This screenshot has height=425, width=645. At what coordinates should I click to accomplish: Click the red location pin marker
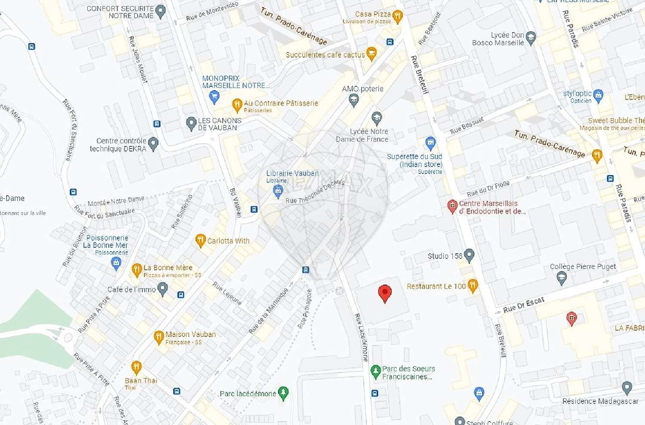[384, 294]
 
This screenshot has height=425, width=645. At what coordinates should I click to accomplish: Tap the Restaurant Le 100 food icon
[472, 285]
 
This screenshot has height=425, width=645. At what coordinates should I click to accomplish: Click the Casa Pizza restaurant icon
[397, 16]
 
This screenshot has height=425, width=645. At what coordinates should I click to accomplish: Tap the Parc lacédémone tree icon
[283, 392]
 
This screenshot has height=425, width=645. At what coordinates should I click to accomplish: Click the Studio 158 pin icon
[469, 255]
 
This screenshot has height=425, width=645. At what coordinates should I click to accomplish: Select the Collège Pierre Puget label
[583, 267]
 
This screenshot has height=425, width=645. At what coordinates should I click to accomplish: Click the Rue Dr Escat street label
[524, 305]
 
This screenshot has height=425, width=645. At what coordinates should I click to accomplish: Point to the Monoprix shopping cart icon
[214, 97]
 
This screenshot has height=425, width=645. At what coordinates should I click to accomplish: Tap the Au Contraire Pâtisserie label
[281, 103]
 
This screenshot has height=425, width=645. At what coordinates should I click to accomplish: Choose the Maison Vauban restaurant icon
[159, 337]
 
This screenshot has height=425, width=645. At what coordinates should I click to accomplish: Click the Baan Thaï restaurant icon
[136, 367]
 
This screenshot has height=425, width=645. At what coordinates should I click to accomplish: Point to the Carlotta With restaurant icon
[200, 240]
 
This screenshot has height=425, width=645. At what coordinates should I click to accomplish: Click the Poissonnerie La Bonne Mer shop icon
[116, 264]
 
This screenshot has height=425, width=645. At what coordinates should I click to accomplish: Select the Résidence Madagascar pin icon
[627, 388]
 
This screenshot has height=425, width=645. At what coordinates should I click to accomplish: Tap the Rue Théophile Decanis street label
[315, 191]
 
